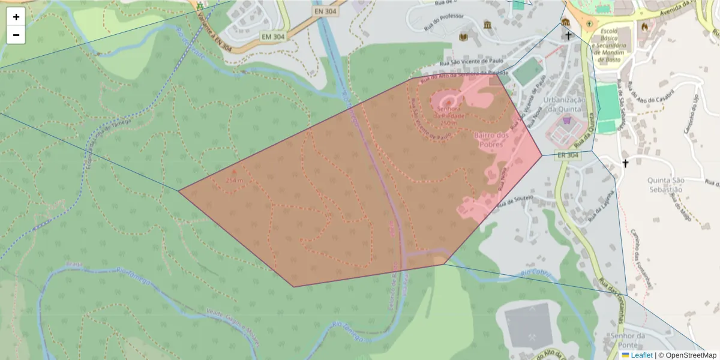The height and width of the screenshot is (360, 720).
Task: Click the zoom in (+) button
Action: click(x=16, y=17)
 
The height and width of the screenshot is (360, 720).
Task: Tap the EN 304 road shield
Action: click(x=325, y=11)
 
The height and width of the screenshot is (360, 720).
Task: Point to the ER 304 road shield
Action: click(x=568, y=155)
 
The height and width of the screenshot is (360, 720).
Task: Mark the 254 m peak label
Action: click(x=235, y=179)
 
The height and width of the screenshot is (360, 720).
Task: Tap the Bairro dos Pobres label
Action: click(x=491, y=140)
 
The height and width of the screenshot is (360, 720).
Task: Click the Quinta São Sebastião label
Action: click(x=666, y=184)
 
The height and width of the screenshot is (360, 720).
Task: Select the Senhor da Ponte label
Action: click(x=626, y=340)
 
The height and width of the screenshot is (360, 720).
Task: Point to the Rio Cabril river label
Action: click(x=536, y=275)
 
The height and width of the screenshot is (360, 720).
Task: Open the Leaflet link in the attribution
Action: click(x=641, y=355)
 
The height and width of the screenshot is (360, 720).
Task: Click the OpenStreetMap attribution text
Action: click(x=687, y=355)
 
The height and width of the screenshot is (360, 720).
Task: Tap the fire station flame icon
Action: click(x=645, y=26)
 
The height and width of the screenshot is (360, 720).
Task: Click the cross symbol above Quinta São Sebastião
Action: click(x=625, y=163)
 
